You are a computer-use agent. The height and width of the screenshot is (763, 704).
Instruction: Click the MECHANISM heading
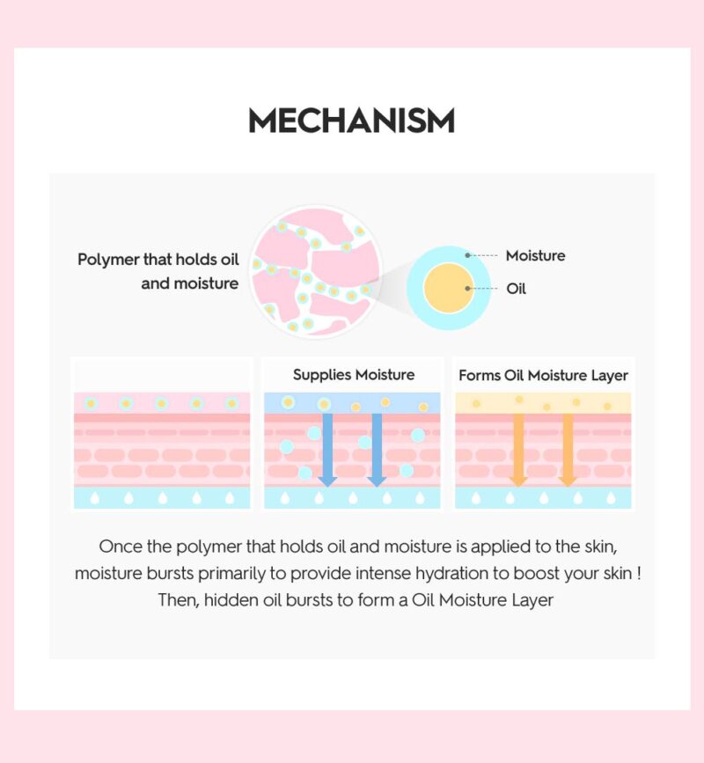point(351,121)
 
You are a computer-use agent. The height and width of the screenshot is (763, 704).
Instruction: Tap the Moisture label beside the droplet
point(535,256)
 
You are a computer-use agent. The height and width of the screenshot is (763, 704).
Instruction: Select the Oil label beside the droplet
point(516,289)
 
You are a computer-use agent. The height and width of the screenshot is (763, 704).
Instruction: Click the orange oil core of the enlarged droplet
point(450,288)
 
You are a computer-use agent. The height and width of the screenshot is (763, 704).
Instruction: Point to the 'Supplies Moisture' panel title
point(354,375)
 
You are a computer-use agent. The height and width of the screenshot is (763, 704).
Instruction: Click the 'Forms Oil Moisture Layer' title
point(543,376)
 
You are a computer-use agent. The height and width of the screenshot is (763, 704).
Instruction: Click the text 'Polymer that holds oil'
point(158,260)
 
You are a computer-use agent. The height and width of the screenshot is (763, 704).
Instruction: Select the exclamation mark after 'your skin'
point(638,573)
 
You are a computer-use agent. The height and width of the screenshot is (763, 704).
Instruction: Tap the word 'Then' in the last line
point(174,600)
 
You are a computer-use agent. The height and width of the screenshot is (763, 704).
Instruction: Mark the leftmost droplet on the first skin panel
point(91,403)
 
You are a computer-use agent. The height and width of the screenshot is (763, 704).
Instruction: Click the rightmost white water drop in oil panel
point(612,498)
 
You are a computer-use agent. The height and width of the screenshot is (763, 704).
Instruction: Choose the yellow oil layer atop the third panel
point(543,403)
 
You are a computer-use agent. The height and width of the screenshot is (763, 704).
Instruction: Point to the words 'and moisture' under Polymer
point(190,283)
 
